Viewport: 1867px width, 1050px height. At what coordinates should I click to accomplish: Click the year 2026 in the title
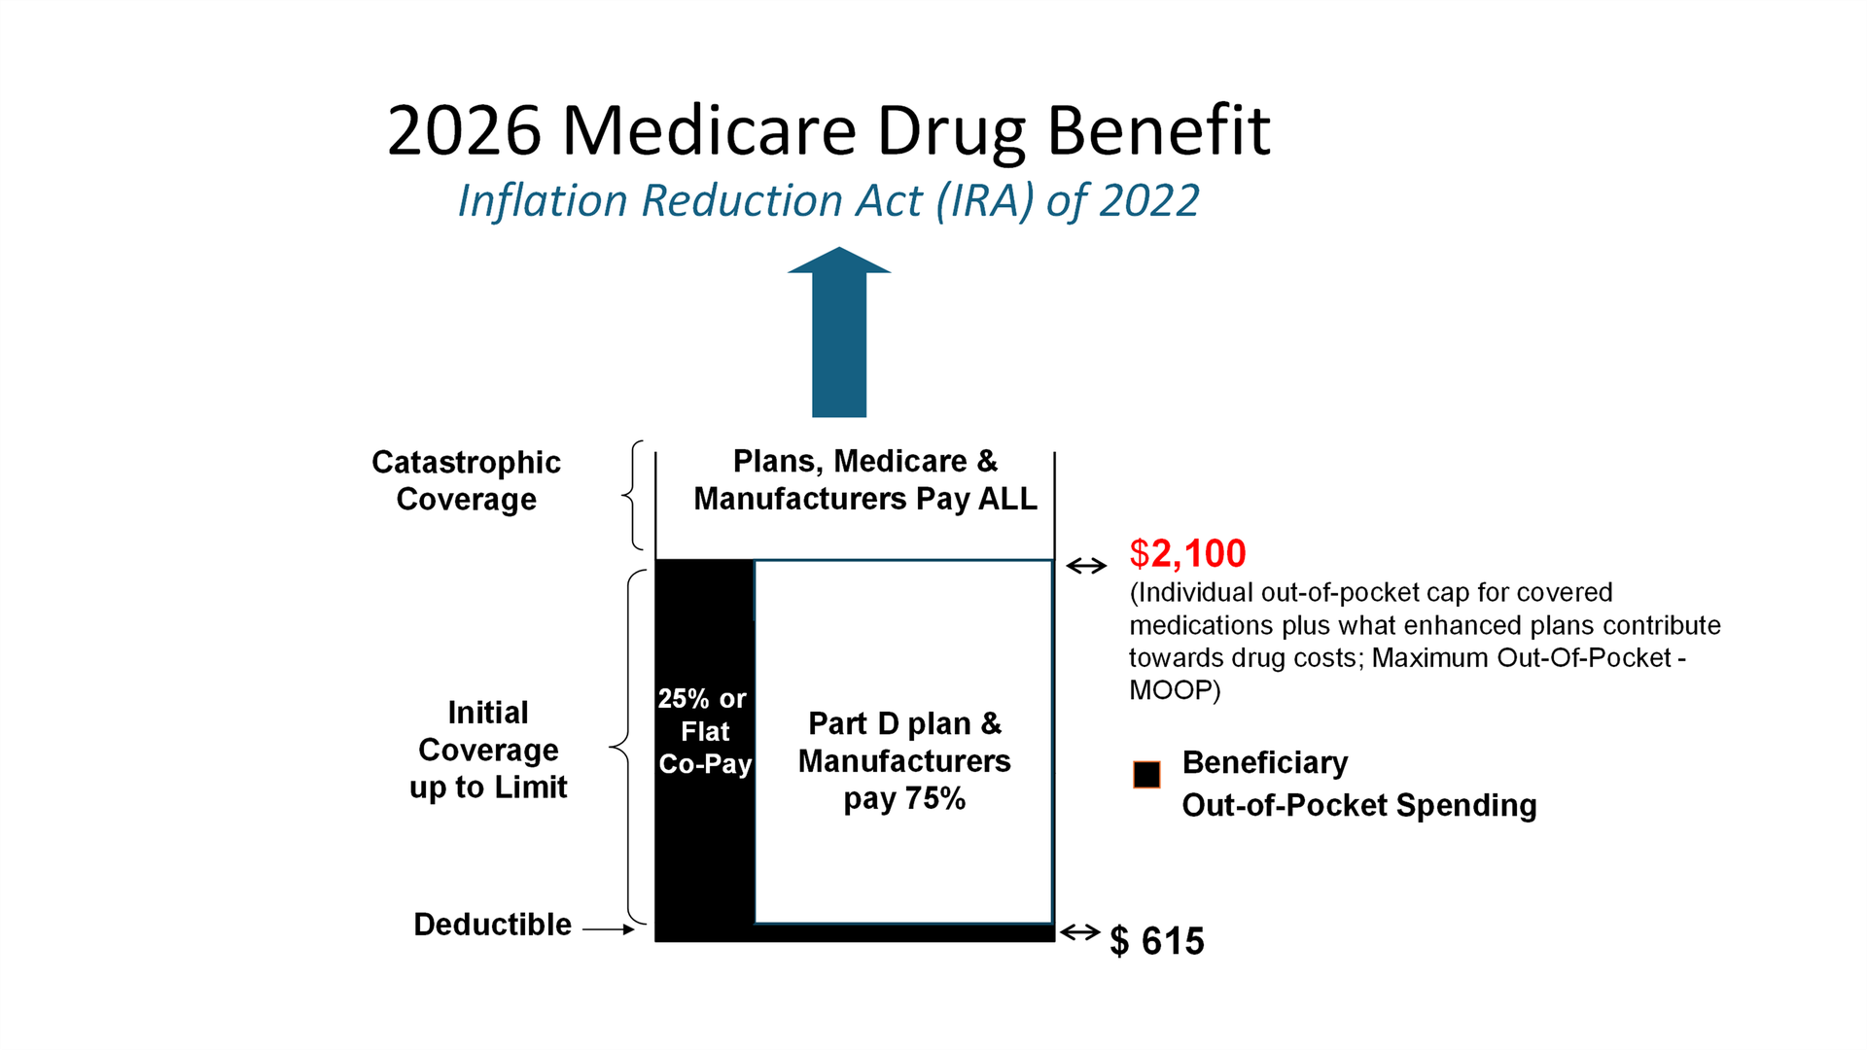(464, 131)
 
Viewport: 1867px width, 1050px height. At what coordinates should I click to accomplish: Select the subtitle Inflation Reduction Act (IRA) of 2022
(828, 201)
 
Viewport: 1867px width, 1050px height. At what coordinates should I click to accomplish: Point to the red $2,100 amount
(1187, 553)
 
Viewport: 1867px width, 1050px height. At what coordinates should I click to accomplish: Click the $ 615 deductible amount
(1157, 941)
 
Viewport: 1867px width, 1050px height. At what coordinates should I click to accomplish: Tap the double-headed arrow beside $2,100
(1086, 566)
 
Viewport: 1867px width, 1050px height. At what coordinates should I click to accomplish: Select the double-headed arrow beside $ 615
(1079, 933)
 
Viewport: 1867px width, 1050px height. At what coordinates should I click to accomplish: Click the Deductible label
(492, 925)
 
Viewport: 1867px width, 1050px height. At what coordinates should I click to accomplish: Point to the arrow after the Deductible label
(609, 929)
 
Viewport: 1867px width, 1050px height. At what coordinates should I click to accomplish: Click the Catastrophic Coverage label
(466, 480)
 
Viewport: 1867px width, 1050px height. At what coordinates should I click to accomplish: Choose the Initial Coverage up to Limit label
(488, 750)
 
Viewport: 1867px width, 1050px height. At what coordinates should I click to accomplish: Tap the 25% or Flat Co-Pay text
(704, 731)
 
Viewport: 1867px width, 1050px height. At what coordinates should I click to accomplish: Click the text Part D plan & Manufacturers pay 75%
(904, 761)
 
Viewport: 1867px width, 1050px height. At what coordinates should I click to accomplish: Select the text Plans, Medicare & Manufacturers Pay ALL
(864, 479)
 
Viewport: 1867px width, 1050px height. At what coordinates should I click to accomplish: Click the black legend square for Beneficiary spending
(1146, 775)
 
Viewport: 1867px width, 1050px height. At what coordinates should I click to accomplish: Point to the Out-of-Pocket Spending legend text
(1358, 806)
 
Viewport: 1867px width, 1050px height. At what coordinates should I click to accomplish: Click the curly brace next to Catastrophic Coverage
(632, 496)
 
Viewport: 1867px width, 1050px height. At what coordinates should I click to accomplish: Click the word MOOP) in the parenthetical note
(1174, 690)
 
